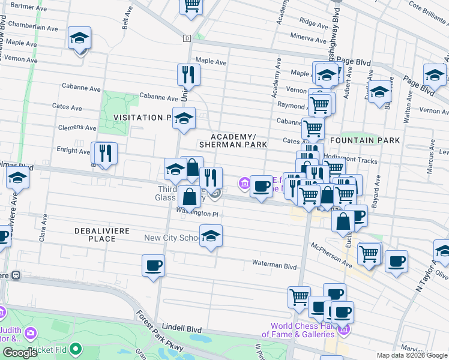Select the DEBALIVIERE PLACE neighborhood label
pyautogui.click(x=95, y=235)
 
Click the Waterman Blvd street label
pyautogui.click(x=274, y=266)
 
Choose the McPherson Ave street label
pyautogui.click(x=332, y=254)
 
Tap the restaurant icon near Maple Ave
pyautogui.click(x=188, y=74)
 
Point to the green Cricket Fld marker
pyautogui.click(x=75, y=349)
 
